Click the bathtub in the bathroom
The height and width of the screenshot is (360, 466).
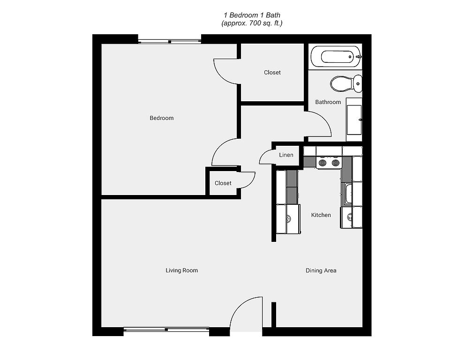(336, 57)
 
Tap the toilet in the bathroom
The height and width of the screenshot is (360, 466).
(346, 83)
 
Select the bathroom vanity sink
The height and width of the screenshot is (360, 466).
(354, 120)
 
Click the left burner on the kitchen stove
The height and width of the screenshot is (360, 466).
(322, 163)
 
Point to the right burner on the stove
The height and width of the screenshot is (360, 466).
(335, 163)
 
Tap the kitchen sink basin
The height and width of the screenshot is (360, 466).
(347, 194)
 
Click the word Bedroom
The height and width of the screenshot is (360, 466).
(161, 118)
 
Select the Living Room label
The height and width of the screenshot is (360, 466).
(181, 270)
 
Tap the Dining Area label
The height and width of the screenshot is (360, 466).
(321, 270)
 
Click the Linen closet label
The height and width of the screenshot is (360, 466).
(286, 155)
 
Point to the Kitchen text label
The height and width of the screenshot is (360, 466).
(321, 215)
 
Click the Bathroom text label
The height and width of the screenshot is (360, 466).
(328, 102)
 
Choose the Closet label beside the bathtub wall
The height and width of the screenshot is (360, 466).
(272, 73)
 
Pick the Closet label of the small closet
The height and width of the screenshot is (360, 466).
(223, 183)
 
